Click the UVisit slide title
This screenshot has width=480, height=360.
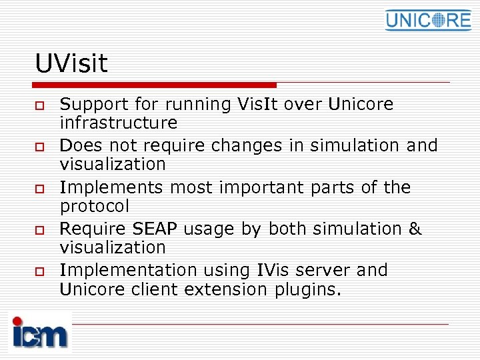tap(71, 64)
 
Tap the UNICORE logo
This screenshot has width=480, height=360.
tap(427, 20)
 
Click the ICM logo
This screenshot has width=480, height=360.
tap(40, 331)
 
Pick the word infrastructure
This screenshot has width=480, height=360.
tap(119, 123)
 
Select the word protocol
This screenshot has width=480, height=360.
tap(95, 206)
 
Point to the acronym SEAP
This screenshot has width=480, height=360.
tap(156, 229)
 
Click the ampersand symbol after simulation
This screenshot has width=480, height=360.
tap(415, 229)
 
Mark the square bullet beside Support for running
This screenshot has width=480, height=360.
tap(40, 105)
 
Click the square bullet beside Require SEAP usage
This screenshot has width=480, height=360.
tap(40, 229)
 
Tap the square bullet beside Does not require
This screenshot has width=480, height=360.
tap(40, 147)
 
